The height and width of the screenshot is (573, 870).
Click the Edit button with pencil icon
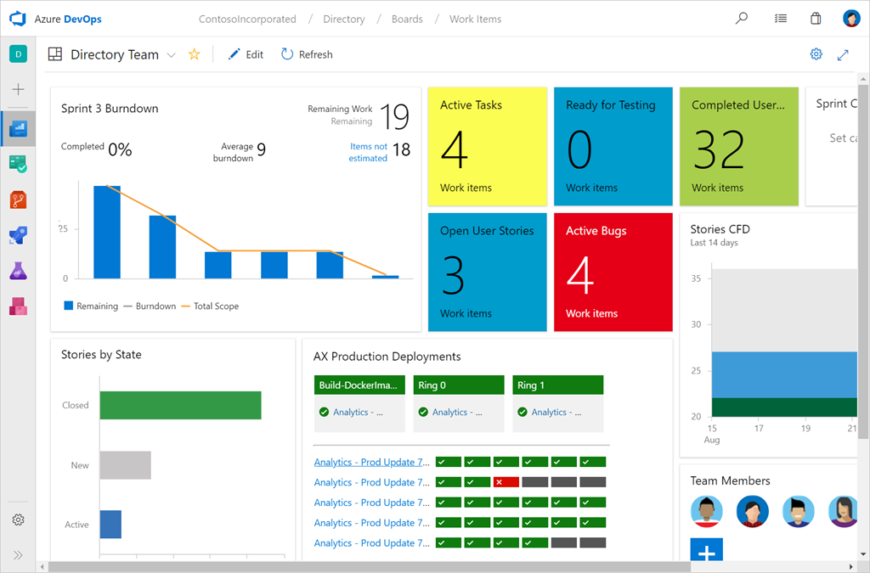coord(246,54)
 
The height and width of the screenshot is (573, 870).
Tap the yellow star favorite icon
coord(194,54)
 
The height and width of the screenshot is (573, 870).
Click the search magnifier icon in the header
coord(742,18)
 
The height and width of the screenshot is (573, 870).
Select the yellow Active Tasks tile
coord(487,146)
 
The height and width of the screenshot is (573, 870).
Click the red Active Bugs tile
coord(613,272)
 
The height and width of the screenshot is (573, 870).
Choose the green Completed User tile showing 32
coord(738,146)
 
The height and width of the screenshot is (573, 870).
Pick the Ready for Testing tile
coord(613,146)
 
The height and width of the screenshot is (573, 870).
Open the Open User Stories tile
coord(487,272)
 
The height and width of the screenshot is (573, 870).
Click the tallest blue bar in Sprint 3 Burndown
coord(107,232)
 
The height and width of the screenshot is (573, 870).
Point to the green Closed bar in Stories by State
coord(180,405)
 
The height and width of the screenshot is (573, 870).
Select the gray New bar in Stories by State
coord(125,465)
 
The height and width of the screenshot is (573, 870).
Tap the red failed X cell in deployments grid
coord(506,482)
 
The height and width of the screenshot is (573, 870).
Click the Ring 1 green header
coord(557,385)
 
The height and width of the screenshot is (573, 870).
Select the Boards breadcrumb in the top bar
coord(407,19)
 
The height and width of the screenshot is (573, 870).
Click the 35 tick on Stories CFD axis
coord(696,278)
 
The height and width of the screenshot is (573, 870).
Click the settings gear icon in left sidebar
coord(18,520)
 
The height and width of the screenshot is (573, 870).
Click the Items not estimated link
coord(368,152)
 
